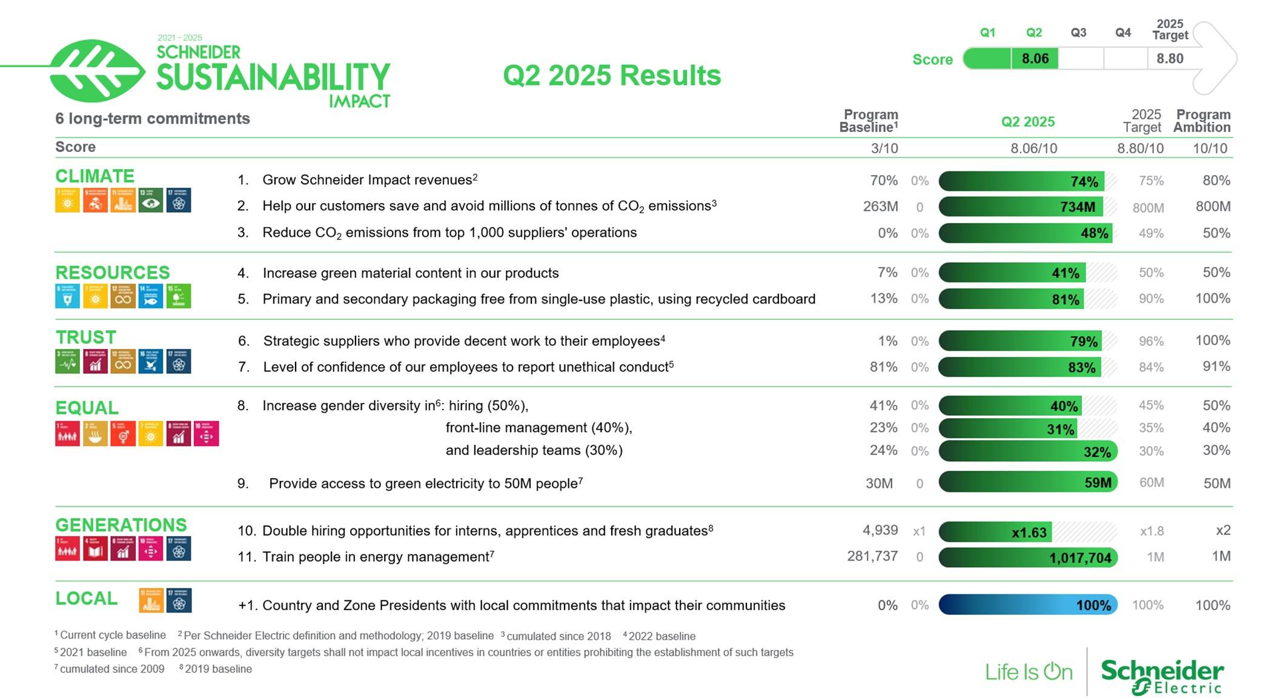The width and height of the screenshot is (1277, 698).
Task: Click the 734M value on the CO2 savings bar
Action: pyautogui.click(x=1077, y=207)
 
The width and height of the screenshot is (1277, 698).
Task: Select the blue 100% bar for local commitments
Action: pyautogui.click(x=1027, y=605)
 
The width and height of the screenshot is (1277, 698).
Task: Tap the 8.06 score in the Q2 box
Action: pyautogui.click(x=1035, y=59)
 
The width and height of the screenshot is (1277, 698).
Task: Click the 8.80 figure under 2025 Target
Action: pyautogui.click(x=1169, y=59)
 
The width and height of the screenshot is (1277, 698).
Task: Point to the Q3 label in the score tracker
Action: pyautogui.click(x=1078, y=33)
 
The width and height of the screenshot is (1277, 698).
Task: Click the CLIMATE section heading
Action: pyautogui.click(x=95, y=176)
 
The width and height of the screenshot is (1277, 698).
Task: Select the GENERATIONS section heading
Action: pyautogui.click(x=121, y=525)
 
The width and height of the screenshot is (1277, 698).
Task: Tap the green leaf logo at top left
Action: pyautogui.click(x=97, y=71)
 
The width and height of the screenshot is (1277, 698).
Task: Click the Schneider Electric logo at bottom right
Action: pyautogui.click(x=1161, y=675)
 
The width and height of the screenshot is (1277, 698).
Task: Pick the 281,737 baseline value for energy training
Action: pyautogui.click(x=872, y=556)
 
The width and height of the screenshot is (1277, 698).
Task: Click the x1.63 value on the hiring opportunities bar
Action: pyautogui.click(x=1029, y=533)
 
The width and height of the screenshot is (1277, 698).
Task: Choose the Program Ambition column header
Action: pyautogui.click(x=1202, y=121)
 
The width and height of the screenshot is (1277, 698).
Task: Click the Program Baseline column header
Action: pyautogui.click(x=869, y=121)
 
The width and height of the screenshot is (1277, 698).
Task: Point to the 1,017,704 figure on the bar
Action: pyautogui.click(x=1080, y=558)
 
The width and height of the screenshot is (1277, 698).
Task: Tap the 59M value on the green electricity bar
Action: pyautogui.click(x=1098, y=483)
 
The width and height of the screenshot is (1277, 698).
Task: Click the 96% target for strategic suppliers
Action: pyautogui.click(x=1150, y=341)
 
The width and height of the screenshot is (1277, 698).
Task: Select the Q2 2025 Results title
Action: pyautogui.click(x=612, y=76)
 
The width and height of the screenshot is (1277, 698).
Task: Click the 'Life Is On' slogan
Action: pyautogui.click(x=1029, y=672)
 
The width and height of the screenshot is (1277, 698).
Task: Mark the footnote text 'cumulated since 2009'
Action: pyautogui.click(x=111, y=669)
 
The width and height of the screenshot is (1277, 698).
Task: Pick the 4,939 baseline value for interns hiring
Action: pyautogui.click(x=880, y=530)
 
